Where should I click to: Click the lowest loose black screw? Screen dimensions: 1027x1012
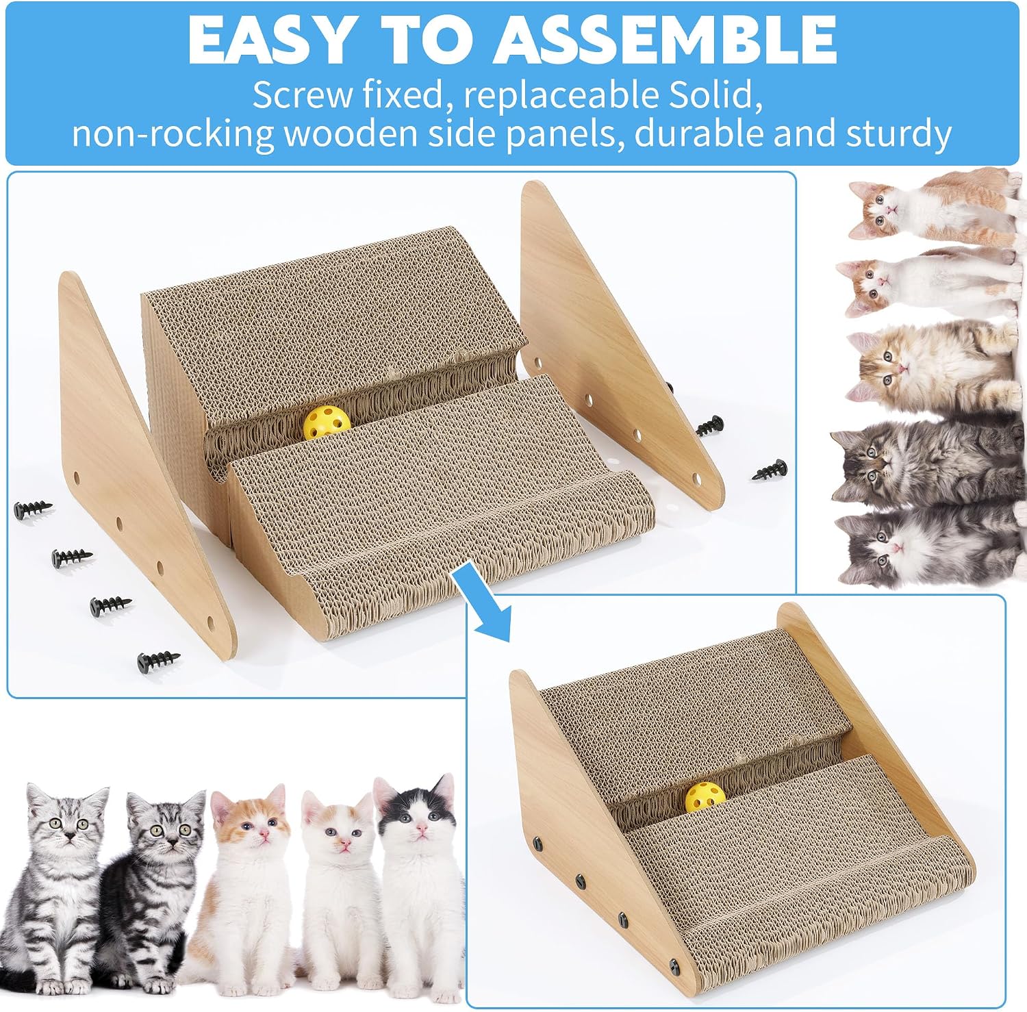click(x=159, y=661)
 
